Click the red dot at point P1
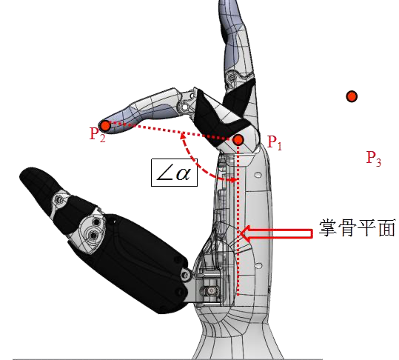coord(238,139)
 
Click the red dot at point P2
coord(105,125)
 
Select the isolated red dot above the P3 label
coord(352,96)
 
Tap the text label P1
coord(274,143)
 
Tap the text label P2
coord(97,135)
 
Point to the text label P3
coord(373,157)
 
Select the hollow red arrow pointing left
coord(278,233)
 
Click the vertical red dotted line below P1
coord(240,222)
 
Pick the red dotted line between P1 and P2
coord(170,132)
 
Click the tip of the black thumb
coord(27,176)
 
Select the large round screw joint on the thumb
coord(91,233)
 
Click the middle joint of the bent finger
coord(183,104)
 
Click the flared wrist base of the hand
coord(237,337)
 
